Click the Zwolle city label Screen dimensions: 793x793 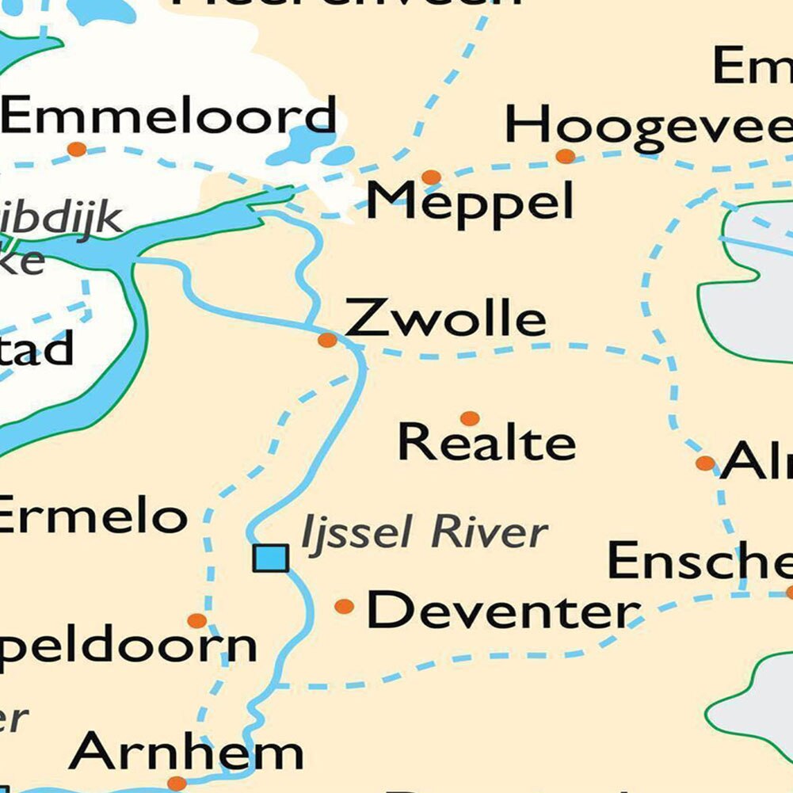[x=445, y=319]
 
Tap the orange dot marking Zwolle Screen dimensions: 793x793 [x=327, y=340]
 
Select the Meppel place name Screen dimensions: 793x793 [x=470, y=201]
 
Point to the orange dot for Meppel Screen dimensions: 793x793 [x=431, y=177]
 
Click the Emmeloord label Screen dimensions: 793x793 [x=169, y=116]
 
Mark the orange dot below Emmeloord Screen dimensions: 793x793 [x=77, y=149]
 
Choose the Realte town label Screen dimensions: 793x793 [x=486, y=442]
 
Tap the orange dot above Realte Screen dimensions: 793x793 [x=470, y=417]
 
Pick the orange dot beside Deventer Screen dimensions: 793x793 [x=344, y=606]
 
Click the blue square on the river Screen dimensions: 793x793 [x=270, y=558]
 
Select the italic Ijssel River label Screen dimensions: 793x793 [x=424, y=533]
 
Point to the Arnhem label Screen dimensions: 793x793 [x=186, y=752]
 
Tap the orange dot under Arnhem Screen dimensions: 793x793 [x=177, y=783]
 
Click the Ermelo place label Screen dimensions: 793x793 [x=91, y=517]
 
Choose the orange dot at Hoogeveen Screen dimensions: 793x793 [x=565, y=156]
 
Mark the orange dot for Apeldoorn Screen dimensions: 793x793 [x=196, y=620]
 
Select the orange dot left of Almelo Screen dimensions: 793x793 [x=705, y=463]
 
